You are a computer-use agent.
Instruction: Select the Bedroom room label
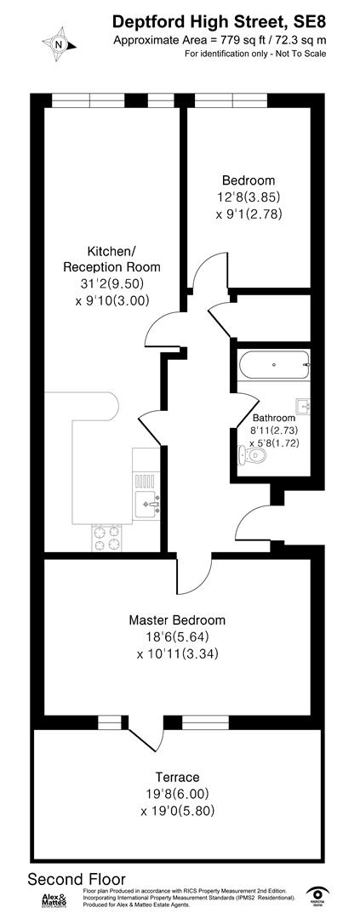(249, 180)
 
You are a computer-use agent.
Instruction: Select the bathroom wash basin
(304, 406)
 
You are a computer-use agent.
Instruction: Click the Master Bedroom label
(177, 619)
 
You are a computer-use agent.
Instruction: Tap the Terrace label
(177, 777)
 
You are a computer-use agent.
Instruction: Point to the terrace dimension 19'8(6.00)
(177, 794)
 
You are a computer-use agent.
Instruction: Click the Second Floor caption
(77, 879)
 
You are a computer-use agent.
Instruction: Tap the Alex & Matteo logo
(58, 902)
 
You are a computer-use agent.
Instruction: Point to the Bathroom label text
(274, 418)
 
